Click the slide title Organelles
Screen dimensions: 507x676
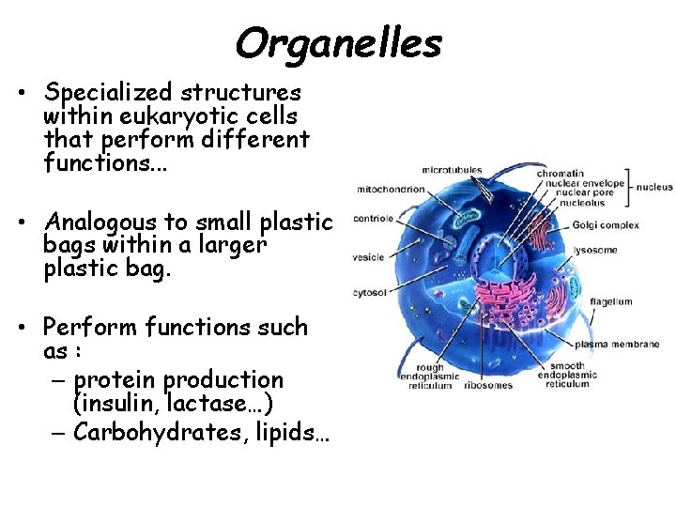pos(338,42)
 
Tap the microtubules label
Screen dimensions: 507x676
pos(452,171)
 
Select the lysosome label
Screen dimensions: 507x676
pos(596,250)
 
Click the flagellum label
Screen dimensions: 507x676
pos(610,302)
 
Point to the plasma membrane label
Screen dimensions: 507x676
pos(617,345)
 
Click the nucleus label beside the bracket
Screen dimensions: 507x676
pos(654,187)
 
